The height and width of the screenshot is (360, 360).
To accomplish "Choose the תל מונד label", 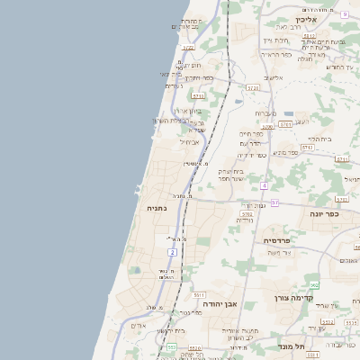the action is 293,346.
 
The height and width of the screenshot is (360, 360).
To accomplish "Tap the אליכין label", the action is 301,18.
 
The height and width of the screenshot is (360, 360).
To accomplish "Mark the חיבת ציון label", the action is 275,40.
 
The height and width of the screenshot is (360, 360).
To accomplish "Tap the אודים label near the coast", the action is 138,325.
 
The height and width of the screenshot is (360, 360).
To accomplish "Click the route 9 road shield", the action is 344,13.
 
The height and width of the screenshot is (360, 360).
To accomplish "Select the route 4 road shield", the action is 265,185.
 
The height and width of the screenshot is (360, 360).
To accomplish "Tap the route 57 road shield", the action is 274,202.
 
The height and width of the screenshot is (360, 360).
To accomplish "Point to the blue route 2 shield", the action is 171,252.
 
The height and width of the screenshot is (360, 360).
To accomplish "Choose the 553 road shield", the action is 170,346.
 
